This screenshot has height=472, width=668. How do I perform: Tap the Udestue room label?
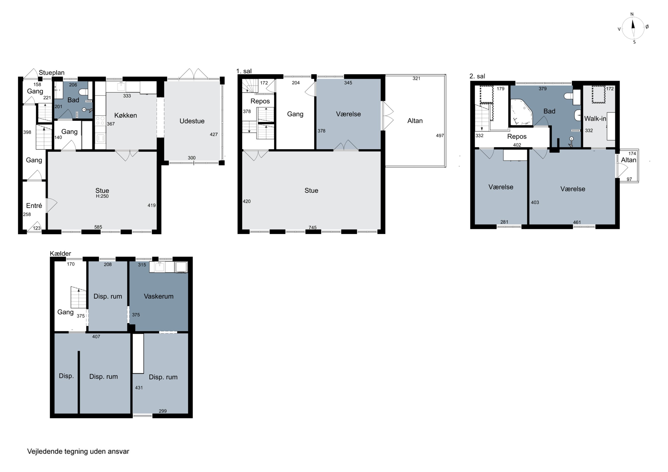[x=192, y=121]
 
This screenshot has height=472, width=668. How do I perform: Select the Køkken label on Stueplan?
[x=125, y=115]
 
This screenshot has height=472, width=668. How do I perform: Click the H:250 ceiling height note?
[x=102, y=196]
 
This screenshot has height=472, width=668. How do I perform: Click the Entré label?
[x=34, y=206]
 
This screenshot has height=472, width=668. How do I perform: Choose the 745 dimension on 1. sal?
[x=312, y=227]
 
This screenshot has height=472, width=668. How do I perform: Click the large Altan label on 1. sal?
[x=415, y=121]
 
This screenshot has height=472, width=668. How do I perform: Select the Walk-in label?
[x=595, y=119]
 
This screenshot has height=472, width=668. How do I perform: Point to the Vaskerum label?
[x=159, y=296]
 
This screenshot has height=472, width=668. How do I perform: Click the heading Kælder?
[x=61, y=254]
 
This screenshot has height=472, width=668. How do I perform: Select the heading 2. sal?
[x=477, y=76]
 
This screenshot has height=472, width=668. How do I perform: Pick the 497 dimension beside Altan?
[x=440, y=136]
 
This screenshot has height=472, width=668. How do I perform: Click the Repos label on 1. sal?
[x=260, y=101]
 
